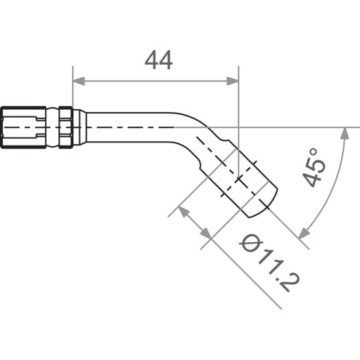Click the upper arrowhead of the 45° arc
[x=343, y=131]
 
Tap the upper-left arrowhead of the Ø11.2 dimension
[x=184, y=212]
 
